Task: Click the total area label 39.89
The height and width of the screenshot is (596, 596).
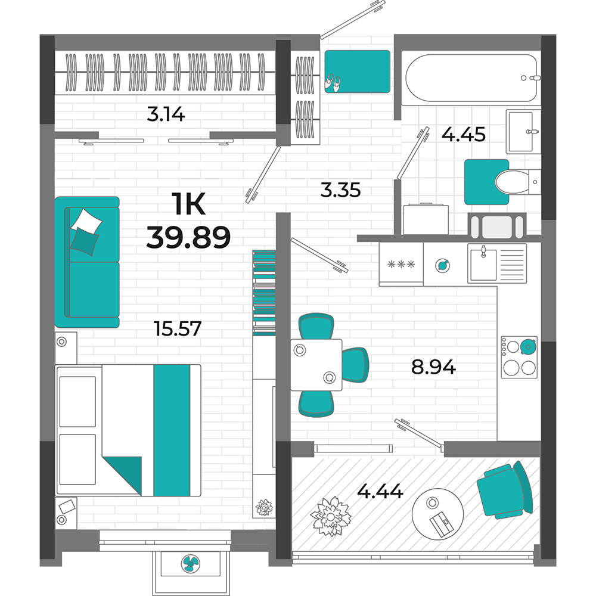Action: tap(188, 237)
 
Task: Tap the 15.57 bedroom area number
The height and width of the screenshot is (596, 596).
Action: tap(178, 328)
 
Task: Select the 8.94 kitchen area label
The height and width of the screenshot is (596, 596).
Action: tap(433, 367)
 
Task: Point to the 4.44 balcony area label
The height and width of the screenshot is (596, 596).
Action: tap(380, 491)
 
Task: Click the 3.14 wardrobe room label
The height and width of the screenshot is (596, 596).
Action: tap(166, 114)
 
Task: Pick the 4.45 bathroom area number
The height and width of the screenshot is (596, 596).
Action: tap(463, 134)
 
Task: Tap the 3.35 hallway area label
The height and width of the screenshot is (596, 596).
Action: tap(340, 190)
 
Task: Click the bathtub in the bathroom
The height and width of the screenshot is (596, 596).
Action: tap(471, 78)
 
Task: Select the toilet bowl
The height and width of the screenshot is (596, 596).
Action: tap(514, 182)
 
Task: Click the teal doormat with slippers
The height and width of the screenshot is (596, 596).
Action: tap(357, 72)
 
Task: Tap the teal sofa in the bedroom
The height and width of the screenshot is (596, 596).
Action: tap(87, 262)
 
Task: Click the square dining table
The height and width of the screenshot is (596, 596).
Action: tap(316, 365)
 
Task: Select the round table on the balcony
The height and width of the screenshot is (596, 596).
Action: tap(437, 513)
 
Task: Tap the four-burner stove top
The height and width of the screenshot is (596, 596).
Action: tap(519, 357)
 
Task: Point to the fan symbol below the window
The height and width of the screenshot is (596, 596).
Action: tap(190, 564)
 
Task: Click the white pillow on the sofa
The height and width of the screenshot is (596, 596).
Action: tap(88, 221)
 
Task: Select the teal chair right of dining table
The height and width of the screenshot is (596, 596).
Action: tap(355, 365)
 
